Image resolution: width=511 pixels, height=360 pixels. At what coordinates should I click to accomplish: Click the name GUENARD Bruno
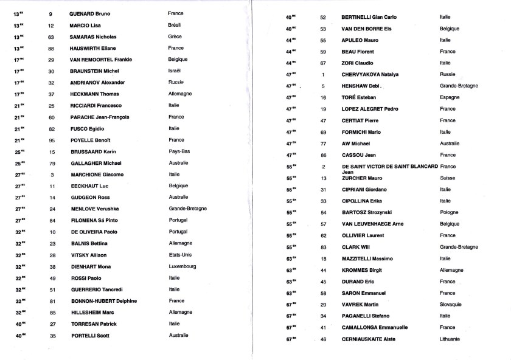click(89, 13)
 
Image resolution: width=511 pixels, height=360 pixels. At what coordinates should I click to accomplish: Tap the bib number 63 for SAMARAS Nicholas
click(51, 36)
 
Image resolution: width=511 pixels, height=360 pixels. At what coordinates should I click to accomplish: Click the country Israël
click(176, 71)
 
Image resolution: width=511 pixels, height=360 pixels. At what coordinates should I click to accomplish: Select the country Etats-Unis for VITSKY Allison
click(181, 255)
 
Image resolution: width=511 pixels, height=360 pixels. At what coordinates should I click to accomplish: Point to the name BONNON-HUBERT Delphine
click(103, 301)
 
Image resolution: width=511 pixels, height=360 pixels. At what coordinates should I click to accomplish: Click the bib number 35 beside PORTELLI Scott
click(52, 336)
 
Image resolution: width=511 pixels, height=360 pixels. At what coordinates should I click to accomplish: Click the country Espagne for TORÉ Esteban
click(450, 97)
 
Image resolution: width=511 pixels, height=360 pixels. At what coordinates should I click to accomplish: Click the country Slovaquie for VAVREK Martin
click(453, 304)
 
